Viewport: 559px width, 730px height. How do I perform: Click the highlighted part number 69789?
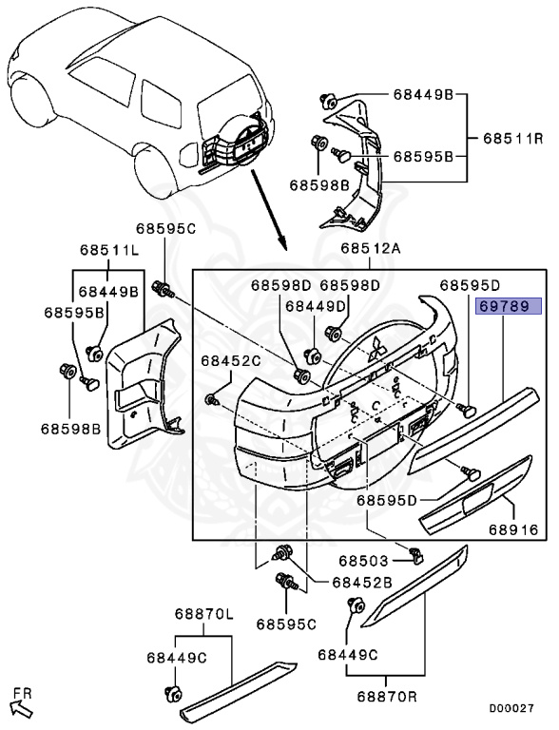508,306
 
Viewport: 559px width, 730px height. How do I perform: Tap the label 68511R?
513,138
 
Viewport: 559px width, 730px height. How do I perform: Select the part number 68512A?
371,248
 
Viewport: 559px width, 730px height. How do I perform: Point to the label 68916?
513,529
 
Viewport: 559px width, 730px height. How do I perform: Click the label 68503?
363,561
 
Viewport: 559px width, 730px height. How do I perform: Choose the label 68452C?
231,360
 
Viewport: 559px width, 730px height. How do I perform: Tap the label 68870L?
204,614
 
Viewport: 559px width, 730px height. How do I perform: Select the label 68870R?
388,696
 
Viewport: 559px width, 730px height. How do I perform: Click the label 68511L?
109,250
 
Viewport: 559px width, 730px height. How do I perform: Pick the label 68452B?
362,582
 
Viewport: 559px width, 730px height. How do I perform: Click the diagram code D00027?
511,708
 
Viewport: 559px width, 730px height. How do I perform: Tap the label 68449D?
316,306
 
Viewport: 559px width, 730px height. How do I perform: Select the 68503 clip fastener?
414,554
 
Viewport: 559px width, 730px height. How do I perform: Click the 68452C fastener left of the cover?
212,399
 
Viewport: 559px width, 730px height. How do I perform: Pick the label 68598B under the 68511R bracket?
319,185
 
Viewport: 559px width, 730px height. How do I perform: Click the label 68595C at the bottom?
286,624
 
